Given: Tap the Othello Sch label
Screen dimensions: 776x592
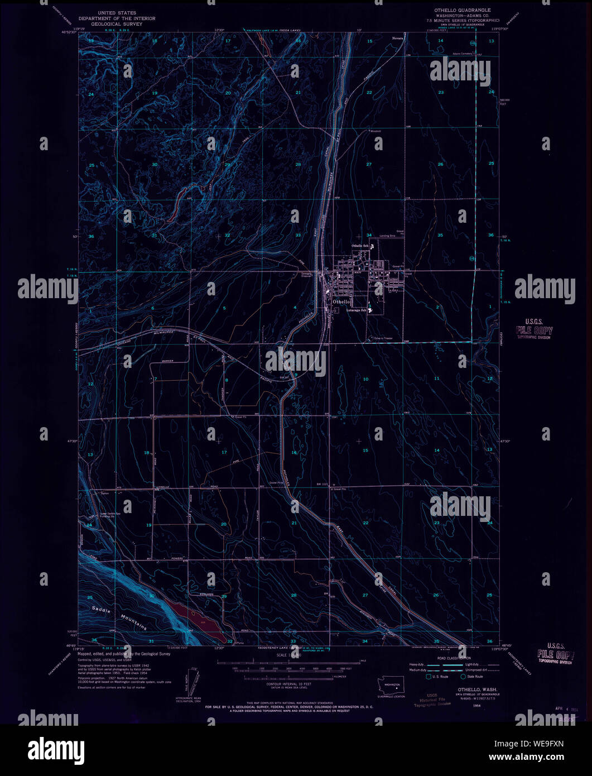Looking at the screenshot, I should [x=360, y=246].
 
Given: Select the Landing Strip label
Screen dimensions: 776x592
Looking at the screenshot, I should [x=384, y=236].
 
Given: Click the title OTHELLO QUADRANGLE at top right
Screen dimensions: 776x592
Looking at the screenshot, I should [x=463, y=10].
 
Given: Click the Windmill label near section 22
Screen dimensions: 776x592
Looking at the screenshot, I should [x=374, y=132].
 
